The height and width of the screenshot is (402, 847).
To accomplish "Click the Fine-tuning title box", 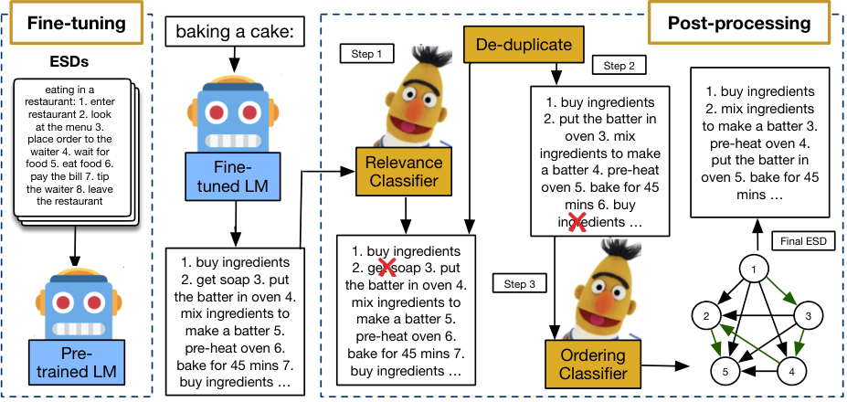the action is (76, 22).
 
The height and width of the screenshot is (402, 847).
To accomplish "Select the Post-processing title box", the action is (739, 23).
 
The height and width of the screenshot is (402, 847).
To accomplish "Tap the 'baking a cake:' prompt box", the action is (233, 32).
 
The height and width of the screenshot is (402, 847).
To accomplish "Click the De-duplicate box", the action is (524, 44).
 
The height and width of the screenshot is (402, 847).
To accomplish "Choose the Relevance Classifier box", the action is (403, 171).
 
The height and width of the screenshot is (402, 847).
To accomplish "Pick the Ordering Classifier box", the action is (593, 365).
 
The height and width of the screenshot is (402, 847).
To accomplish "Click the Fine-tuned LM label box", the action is (233, 177).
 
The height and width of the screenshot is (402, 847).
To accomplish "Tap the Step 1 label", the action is (366, 54).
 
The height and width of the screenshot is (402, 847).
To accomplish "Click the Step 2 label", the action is (619, 66).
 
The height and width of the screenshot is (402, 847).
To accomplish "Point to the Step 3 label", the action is (519, 283).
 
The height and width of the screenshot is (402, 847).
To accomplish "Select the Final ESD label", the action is (803, 241).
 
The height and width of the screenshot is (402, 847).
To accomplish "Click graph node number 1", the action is (755, 270).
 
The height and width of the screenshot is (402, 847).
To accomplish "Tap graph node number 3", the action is (808, 316).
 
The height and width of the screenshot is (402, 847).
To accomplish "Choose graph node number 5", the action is (725, 371).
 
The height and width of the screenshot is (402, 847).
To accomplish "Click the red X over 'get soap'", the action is (386, 268).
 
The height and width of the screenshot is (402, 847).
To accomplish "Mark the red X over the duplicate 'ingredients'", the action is (577, 221).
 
